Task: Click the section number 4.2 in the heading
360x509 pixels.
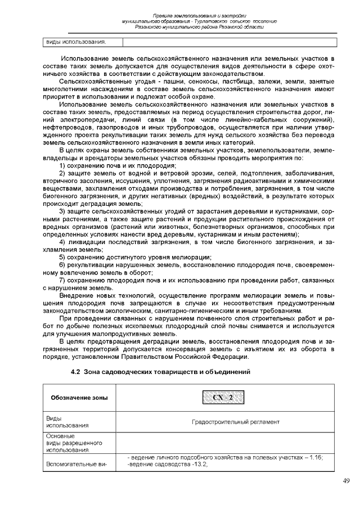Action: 75,372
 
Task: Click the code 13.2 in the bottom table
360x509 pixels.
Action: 198,464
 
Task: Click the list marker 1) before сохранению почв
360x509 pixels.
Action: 63,166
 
